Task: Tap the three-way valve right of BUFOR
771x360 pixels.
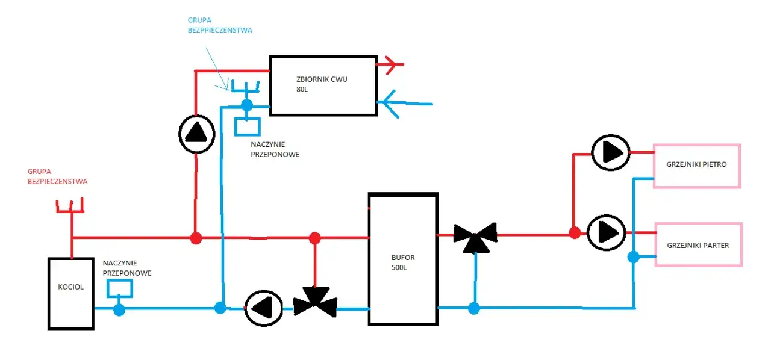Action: click(475, 237)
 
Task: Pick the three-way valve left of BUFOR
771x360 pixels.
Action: click(315, 302)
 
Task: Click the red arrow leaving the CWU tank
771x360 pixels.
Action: click(390, 64)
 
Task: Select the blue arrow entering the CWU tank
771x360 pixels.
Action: click(405, 104)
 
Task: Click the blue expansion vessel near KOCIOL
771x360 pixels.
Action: click(119, 288)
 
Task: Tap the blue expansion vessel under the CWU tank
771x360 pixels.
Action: click(247, 127)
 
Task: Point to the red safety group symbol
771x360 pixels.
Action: click(70, 206)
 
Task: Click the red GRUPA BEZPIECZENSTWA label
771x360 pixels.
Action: click(57, 176)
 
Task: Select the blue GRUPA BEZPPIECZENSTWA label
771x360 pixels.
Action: click(220, 25)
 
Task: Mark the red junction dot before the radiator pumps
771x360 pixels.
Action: click(575, 232)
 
